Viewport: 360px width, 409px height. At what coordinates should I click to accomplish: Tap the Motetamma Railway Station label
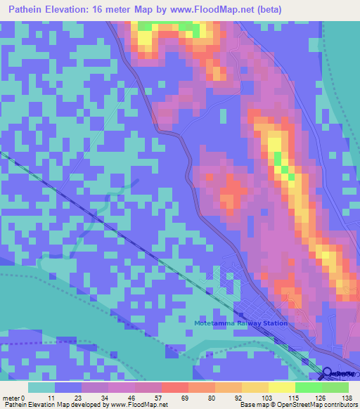241,323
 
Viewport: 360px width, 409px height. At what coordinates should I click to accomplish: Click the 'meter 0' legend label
13,397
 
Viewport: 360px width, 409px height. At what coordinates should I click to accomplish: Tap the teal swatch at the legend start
41,387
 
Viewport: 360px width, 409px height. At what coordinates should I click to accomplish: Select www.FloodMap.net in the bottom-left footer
136,405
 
